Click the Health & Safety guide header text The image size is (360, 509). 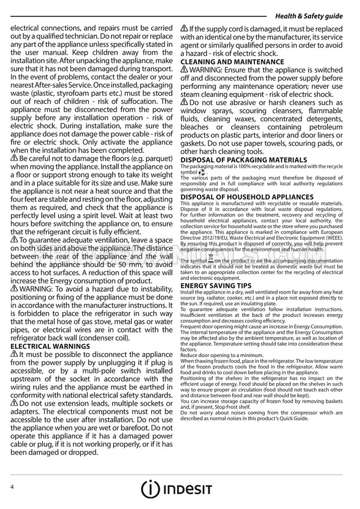pyautogui.click(x=316, y=16)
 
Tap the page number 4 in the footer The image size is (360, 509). pyautogui.click(x=12, y=486)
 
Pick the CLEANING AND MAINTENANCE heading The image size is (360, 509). pyautogui.click(x=233, y=62)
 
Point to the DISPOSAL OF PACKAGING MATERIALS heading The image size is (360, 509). pyautogui.click(x=243, y=160)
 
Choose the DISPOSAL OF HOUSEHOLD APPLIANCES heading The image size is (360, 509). pyautogui.click(x=248, y=196)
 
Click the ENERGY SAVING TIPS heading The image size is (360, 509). pyautogui.click(x=216, y=286)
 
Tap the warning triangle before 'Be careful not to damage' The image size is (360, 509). pyautogui.click(x=15, y=158)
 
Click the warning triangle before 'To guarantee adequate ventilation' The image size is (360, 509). pyautogui.click(x=15, y=239)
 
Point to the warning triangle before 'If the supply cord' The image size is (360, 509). pyautogui.click(x=184, y=28)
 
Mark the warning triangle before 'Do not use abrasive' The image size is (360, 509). pyautogui.click(x=184, y=102)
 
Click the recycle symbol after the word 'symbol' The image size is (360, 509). pyautogui.click(x=201, y=173)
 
